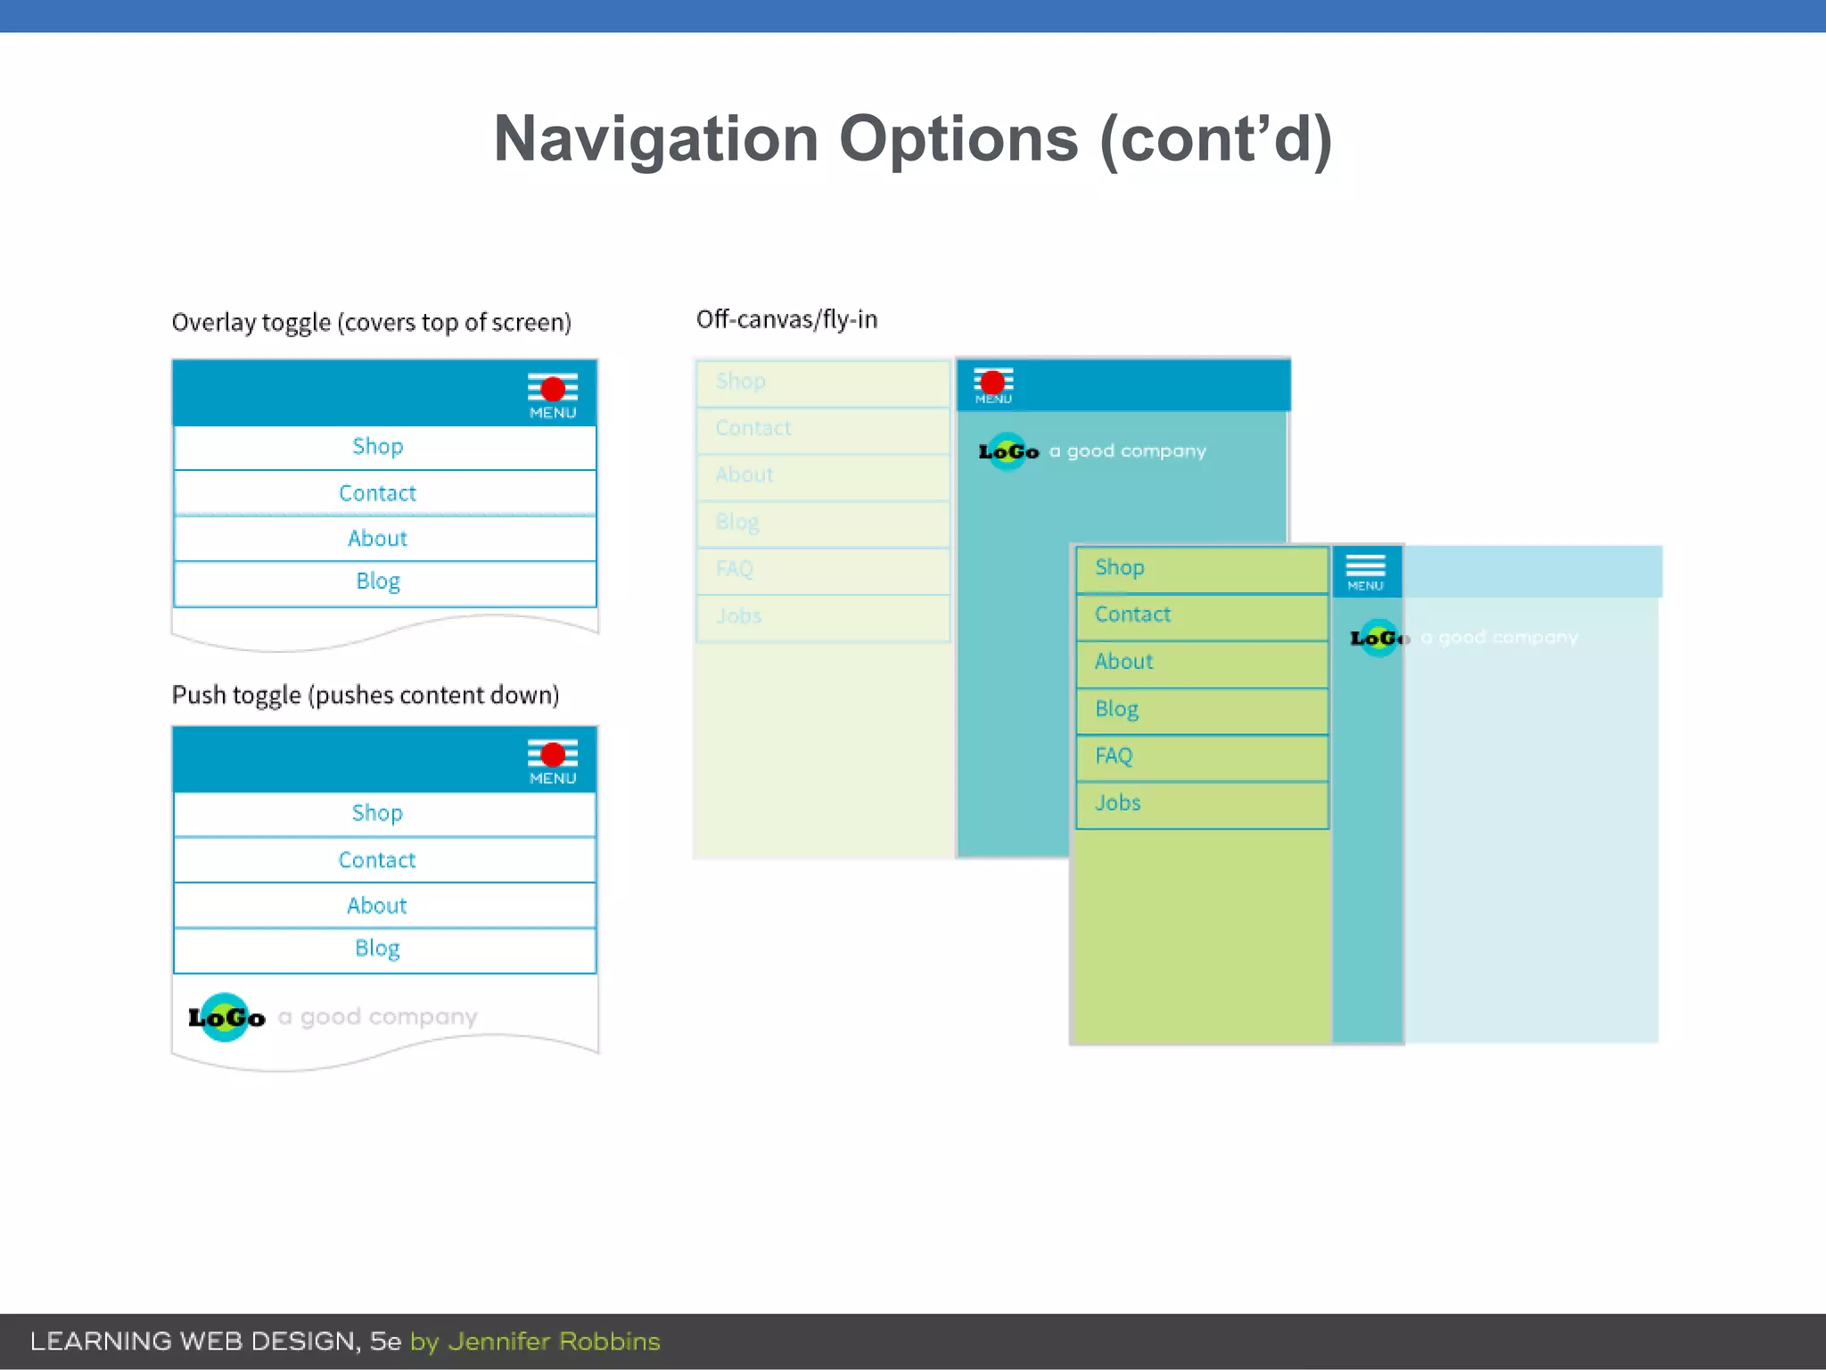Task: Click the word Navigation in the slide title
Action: click(x=655, y=139)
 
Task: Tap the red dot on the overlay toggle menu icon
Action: click(x=553, y=389)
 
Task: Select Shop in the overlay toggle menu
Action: click(x=377, y=446)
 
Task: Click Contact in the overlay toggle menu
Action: click(x=377, y=493)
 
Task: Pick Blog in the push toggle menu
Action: click(x=377, y=948)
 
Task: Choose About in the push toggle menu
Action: click(x=377, y=905)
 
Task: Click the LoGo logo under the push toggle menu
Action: click(x=226, y=1017)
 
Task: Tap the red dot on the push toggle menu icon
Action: click(x=553, y=755)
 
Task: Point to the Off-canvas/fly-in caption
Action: click(x=786, y=319)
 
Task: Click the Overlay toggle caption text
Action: click(x=371, y=322)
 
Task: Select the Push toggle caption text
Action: click(x=366, y=695)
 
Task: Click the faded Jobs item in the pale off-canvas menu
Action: click(x=739, y=616)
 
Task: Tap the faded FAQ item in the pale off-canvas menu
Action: click(x=735, y=569)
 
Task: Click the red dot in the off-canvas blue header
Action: click(x=992, y=383)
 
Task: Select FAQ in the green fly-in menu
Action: click(x=1114, y=756)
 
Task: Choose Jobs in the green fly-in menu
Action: click(x=1117, y=803)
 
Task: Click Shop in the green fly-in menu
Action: click(x=1119, y=567)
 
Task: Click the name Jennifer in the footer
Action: click(x=502, y=1341)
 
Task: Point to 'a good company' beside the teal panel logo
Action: click(x=1127, y=451)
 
